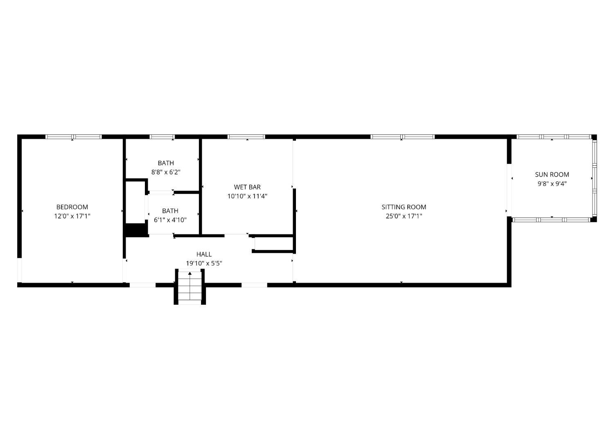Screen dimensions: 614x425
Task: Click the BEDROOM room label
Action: (72, 207)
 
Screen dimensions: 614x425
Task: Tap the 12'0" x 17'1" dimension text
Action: (72, 216)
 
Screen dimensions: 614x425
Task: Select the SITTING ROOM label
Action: (404, 207)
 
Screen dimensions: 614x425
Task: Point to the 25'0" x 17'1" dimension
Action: (404, 216)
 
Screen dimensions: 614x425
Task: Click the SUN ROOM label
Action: (552, 174)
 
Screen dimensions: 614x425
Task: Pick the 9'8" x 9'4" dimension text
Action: (552, 184)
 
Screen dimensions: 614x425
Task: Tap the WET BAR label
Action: (247, 187)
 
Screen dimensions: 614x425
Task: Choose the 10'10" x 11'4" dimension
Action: (247, 196)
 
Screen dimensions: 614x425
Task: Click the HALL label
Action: (204, 254)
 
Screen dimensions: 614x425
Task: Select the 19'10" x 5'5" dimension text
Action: (204, 263)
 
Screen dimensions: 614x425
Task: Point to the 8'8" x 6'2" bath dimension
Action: (166, 172)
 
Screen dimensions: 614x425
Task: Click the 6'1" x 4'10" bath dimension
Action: (170, 220)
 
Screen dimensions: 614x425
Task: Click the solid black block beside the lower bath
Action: (135, 230)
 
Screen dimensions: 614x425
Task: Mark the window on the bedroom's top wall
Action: (73, 137)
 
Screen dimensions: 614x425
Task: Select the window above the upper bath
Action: (162, 137)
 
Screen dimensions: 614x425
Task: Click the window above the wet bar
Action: (246, 137)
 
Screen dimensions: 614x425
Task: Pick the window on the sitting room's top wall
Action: (402, 137)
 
